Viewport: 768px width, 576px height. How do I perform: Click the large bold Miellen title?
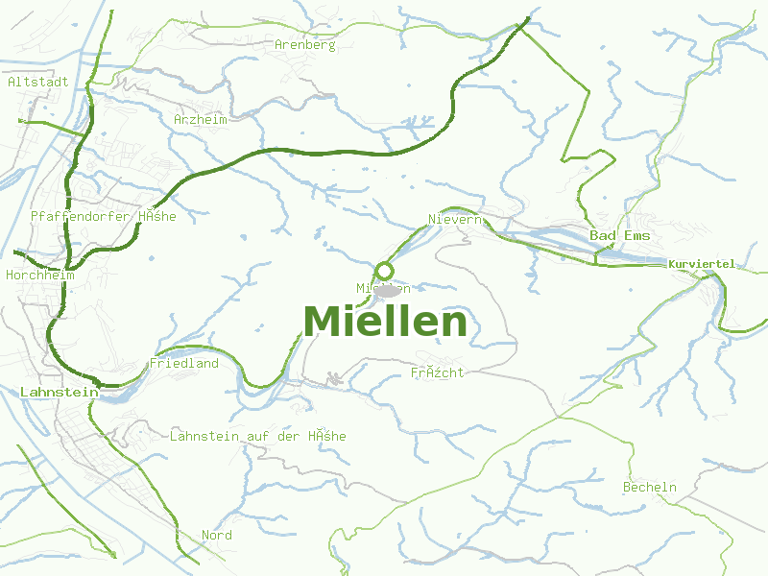(385, 322)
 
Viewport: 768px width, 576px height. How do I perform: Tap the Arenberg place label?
(304, 44)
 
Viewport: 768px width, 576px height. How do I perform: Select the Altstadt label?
(37, 82)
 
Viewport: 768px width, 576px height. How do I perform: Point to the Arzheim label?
(201, 119)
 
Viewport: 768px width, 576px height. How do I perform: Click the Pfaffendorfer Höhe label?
(104, 216)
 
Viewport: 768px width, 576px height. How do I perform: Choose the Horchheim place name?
(39, 275)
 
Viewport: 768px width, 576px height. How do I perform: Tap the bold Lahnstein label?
(59, 392)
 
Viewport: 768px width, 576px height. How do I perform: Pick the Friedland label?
(183, 363)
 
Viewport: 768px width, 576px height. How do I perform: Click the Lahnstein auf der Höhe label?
(257, 436)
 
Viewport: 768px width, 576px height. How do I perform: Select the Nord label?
(217, 535)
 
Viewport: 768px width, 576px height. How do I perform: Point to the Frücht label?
(437, 372)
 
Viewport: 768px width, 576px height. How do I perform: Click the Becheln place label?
(649, 487)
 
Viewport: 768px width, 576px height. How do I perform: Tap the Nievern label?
(453, 219)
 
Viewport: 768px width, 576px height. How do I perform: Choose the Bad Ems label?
(619, 235)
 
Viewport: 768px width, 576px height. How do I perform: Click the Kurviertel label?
(702, 264)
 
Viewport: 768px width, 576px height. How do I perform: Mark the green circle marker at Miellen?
(384, 271)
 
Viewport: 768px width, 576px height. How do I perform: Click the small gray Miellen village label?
(383, 288)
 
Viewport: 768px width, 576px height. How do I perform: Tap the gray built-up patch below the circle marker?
(388, 291)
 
